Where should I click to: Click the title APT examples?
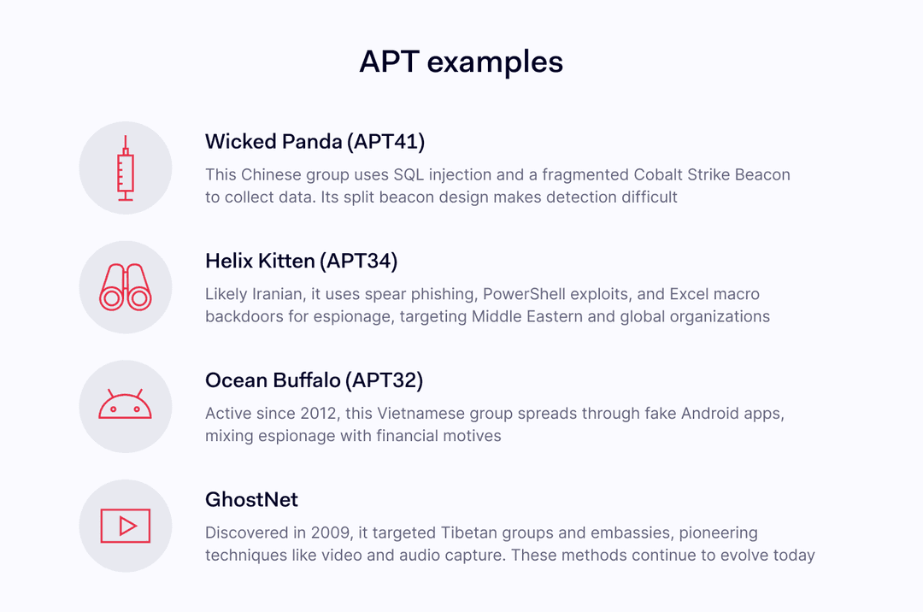pyautogui.click(x=461, y=62)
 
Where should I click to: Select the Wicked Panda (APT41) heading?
pyautogui.click(x=315, y=141)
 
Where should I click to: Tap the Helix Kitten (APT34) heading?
pyautogui.click(x=301, y=261)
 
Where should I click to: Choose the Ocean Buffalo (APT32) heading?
pyautogui.click(x=314, y=380)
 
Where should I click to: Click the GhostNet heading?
pyautogui.click(x=251, y=499)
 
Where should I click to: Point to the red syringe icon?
pyautogui.click(x=126, y=168)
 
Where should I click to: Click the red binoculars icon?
pyautogui.click(x=126, y=287)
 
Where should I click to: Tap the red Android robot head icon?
pyautogui.click(x=126, y=405)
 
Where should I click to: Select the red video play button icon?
pyautogui.click(x=126, y=526)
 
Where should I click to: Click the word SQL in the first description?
pyautogui.click(x=409, y=175)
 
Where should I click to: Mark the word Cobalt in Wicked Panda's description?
pyautogui.click(x=659, y=175)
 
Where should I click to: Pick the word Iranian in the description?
pyautogui.click(x=278, y=295)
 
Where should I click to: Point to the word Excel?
pyautogui.click(x=690, y=295)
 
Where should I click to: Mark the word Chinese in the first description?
pyautogui.click(x=271, y=175)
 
